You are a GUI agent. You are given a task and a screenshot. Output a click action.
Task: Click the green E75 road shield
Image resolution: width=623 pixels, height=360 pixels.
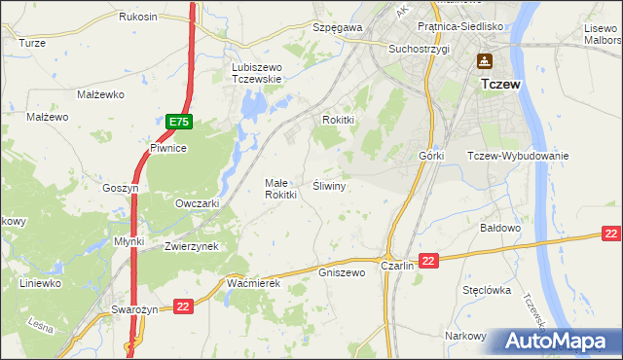[x=178, y=122]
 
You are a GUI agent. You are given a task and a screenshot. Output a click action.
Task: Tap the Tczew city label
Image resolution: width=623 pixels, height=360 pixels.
[x=500, y=85]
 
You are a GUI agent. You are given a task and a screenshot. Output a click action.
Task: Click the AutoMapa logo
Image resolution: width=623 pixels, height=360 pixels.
[x=558, y=342]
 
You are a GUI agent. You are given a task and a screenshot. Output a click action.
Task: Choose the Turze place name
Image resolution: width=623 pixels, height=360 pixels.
[x=32, y=43]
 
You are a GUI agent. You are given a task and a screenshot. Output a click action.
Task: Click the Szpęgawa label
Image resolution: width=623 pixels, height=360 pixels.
[x=337, y=28]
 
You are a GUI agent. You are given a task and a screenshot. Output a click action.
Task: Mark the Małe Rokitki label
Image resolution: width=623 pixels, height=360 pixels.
[x=280, y=189]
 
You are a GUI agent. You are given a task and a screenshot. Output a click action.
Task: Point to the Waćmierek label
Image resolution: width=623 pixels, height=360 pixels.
[x=253, y=282]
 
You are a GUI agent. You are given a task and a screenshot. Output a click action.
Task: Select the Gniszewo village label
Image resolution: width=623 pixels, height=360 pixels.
[x=342, y=273]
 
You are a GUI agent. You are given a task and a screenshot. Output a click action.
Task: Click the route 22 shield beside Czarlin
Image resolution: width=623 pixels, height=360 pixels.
[x=430, y=260]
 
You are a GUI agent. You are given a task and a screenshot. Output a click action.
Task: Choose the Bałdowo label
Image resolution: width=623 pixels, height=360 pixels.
[x=502, y=228]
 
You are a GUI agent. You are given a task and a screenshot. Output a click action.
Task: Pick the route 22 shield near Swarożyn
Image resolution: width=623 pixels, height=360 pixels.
[x=183, y=306]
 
